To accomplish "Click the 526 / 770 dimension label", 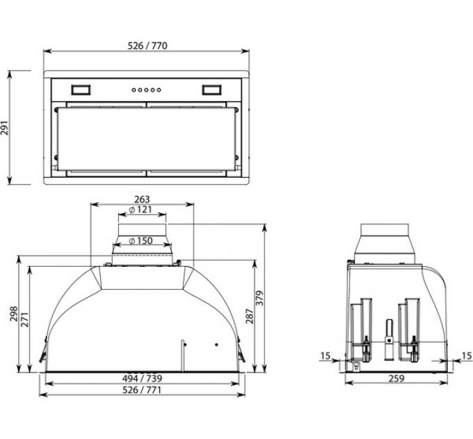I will tap(147, 46).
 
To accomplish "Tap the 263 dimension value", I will tap(142, 199).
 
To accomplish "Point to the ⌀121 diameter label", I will tap(141, 210).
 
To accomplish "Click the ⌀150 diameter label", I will tap(141, 241).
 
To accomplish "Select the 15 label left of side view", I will tap(327, 355).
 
